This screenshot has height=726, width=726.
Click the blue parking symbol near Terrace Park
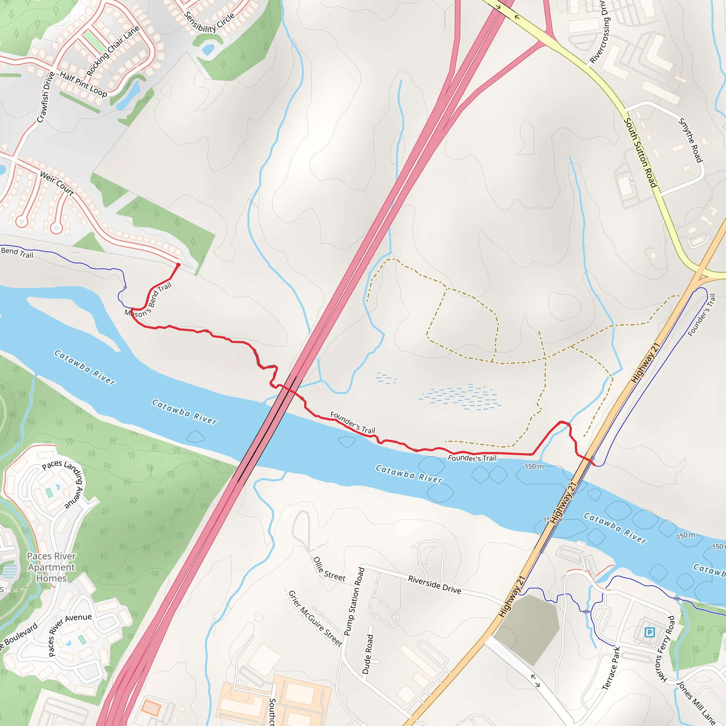pos(649,632)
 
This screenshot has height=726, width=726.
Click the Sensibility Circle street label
pos(209,23)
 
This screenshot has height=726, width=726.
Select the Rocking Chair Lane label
pos(113,51)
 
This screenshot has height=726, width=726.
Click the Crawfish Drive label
pos(46,97)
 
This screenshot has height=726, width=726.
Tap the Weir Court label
pos(57,183)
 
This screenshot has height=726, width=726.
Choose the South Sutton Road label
pos(640,152)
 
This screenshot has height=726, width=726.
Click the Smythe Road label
pos(690,140)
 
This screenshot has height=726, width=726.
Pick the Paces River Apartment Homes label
pos(51,567)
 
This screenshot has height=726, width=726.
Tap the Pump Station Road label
pos(354,601)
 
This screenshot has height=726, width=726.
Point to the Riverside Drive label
pos(434,584)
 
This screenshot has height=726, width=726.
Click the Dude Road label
pos(368,654)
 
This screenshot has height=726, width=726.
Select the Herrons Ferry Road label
pos(665,649)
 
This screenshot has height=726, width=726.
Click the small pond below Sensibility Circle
pos(208,49)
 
